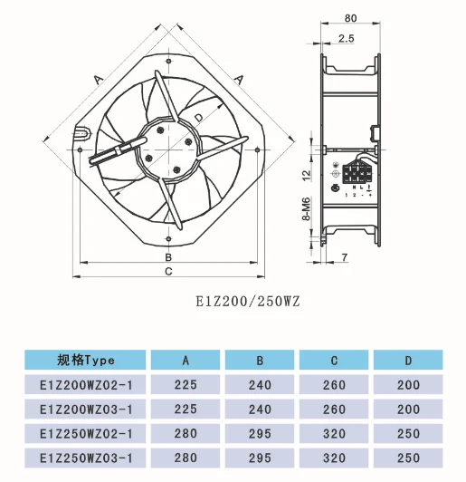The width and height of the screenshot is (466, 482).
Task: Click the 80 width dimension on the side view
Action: [x=349, y=17]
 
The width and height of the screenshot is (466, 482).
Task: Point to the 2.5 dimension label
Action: [x=346, y=38]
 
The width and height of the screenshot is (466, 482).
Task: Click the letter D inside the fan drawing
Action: [x=198, y=119]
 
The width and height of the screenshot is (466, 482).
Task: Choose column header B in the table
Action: [x=260, y=360]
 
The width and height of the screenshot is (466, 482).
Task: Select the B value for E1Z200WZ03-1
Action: [x=260, y=410]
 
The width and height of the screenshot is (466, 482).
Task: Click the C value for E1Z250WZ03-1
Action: [x=334, y=459]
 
